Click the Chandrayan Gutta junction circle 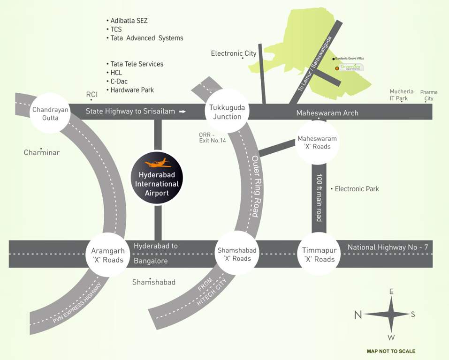50,113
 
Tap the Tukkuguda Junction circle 227,112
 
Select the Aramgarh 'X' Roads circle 107,255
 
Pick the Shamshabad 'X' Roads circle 237,255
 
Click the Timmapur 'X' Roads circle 319,255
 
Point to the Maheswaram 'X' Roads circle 317,142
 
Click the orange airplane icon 158,163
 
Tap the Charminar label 42,152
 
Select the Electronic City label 234,53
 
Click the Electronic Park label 357,189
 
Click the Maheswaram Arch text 327,113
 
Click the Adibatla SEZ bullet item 129,21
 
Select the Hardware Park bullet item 132,90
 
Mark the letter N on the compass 358,315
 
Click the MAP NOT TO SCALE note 391,351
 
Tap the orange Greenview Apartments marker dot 337,68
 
